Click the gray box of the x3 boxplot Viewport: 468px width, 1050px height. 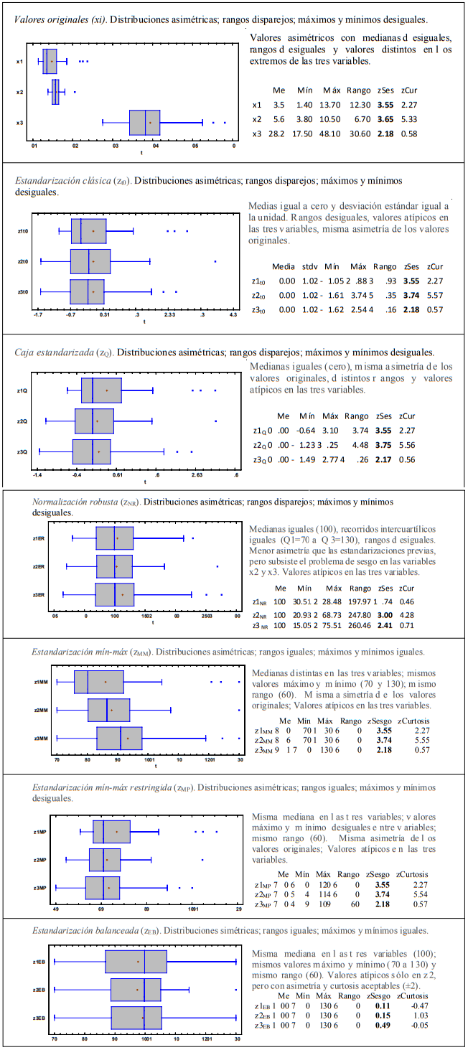point(144,123)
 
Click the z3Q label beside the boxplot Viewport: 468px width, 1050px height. point(22,452)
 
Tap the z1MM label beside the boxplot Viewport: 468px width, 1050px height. point(41,682)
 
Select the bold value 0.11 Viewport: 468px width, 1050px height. point(382,1006)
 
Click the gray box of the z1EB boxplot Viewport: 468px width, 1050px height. point(136,962)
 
